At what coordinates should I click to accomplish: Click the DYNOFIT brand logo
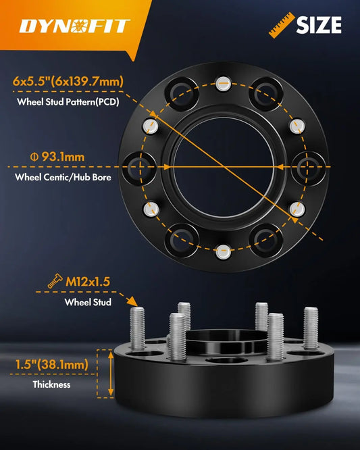tap(74, 26)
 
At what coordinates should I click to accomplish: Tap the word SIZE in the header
tap(319, 25)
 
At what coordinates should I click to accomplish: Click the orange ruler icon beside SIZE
tap(282, 25)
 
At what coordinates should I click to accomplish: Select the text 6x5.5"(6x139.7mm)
tap(68, 82)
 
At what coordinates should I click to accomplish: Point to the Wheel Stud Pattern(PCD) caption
tap(68, 102)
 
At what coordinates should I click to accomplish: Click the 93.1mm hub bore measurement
tap(57, 157)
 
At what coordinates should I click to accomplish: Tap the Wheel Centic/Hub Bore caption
tap(63, 177)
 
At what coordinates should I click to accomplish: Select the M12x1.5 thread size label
tap(88, 282)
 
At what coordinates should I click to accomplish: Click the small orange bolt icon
tap(55, 281)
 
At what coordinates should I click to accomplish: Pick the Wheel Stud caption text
tap(88, 302)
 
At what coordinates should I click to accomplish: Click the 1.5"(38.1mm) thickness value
tap(52, 364)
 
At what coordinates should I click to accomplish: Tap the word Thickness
tap(51, 384)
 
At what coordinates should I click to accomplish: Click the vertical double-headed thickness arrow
tap(111, 374)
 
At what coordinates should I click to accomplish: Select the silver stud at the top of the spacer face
tap(223, 84)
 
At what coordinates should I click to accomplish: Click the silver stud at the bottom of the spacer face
tap(223, 252)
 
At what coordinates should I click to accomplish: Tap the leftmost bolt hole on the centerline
tap(139, 168)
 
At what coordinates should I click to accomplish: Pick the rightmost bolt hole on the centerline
tap(307, 168)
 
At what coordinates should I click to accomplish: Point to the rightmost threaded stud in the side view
tap(311, 328)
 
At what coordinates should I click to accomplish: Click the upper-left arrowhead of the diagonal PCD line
tap(153, 114)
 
